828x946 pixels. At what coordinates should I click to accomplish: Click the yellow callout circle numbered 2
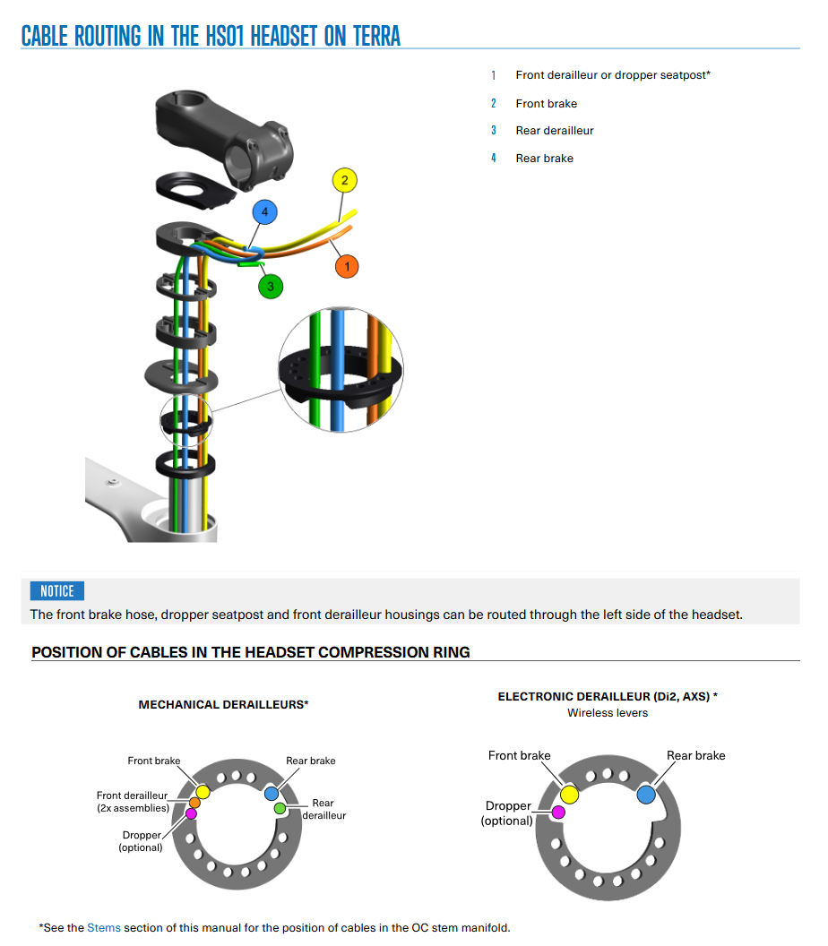point(345,180)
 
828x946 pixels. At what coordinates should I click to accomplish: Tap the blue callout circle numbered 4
point(265,212)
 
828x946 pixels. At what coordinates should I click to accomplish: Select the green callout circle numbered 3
point(271,287)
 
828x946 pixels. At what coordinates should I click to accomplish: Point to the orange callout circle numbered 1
point(347,267)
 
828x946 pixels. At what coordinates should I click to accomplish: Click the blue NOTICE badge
point(57,591)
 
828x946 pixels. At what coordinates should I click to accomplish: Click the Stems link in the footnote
point(104,928)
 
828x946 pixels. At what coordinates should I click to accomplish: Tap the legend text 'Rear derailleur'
point(555,131)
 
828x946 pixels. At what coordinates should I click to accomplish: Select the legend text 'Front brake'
point(546,104)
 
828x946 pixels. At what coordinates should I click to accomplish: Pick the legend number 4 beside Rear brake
point(494,158)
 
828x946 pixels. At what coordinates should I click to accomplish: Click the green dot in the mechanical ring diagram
point(280,808)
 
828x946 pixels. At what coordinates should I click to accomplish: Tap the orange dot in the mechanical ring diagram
point(194,803)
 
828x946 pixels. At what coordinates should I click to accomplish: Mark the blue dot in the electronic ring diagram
point(646,795)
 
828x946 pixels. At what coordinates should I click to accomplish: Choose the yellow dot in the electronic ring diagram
point(569,795)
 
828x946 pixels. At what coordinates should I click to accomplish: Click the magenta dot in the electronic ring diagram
point(559,813)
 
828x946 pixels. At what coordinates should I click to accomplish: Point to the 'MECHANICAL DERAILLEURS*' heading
point(223,705)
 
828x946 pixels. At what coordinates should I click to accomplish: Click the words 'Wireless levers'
point(608,713)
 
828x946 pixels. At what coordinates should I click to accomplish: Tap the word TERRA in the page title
point(376,36)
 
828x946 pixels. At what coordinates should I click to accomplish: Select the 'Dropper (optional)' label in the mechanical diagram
point(142,841)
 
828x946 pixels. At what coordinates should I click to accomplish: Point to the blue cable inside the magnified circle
point(337,369)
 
